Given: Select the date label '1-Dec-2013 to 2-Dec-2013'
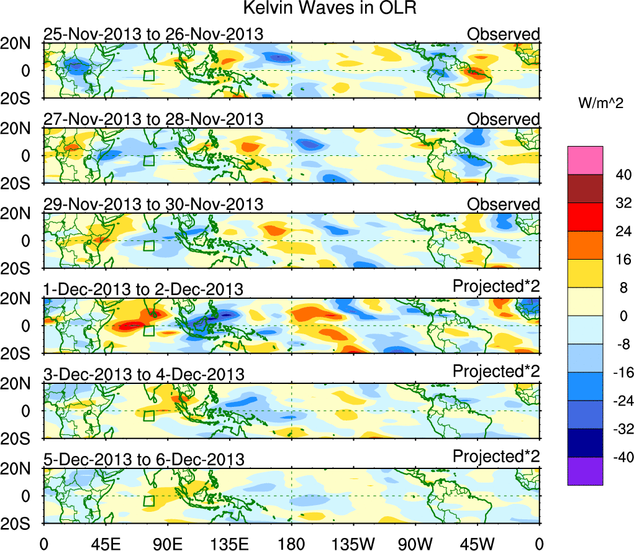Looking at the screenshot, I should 143,289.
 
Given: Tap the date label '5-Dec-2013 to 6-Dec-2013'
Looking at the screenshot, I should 143,460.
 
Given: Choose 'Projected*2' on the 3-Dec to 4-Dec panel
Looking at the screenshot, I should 496,371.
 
